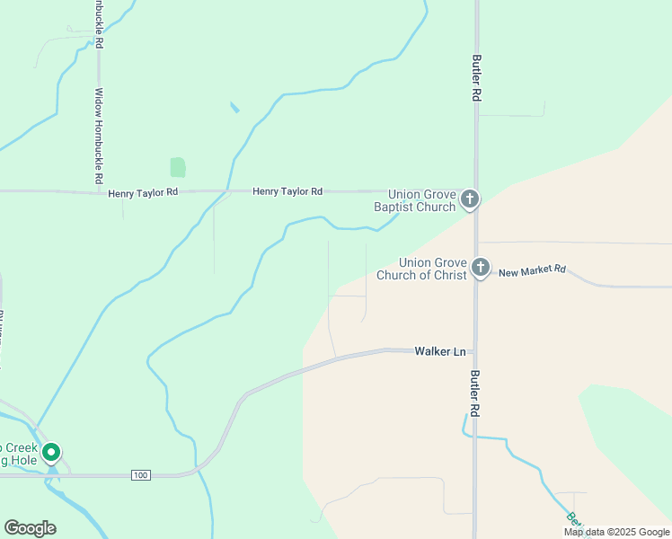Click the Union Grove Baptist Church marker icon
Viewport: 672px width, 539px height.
[470, 199]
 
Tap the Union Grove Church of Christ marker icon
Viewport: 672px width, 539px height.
[481, 267]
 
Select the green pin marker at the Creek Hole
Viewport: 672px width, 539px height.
[52, 453]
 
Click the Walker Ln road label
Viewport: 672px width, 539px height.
[440, 350]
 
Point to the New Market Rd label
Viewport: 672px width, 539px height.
[533, 270]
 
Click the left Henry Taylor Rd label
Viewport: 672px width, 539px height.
[143, 193]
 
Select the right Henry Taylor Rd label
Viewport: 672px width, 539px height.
[287, 191]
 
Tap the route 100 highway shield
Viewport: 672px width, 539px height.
[139, 474]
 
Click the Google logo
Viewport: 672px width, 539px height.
[30, 528]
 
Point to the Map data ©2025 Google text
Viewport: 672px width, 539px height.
[615, 532]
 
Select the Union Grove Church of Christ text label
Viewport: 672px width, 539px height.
[421, 269]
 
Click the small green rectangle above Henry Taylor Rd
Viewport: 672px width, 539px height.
[178, 167]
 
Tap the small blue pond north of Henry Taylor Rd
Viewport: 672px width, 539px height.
[234, 107]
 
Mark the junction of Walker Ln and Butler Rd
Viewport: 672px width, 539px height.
[475, 351]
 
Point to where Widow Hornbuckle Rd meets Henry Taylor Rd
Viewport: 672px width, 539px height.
[99, 191]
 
